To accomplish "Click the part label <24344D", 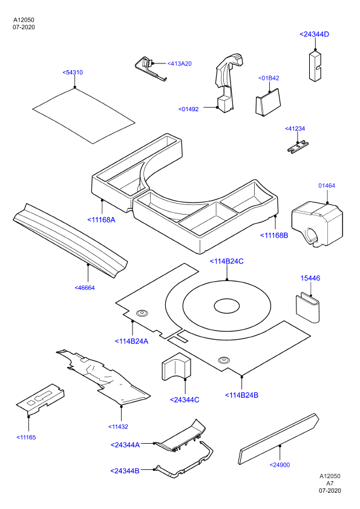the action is point(314,34).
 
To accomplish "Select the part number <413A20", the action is point(179,63).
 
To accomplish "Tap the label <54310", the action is point(73,73).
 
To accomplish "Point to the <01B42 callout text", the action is point(269,78).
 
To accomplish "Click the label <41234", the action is point(295,129).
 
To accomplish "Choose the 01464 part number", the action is point(327,186).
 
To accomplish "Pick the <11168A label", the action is point(102,220).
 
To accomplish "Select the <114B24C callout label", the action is point(226,261).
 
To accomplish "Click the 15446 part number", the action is point(310,278).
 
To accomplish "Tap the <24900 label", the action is point(280,465).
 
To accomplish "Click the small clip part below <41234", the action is point(298,146).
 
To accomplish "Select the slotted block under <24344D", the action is point(315,66).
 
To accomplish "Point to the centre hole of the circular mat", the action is point(227,306).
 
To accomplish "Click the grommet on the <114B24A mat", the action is point(142,313).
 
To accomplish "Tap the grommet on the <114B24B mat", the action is point(224,360).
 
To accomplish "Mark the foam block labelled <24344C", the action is point(175,366).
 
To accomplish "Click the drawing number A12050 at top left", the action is point(24,20).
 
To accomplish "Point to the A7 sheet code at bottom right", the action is point(330,484).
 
